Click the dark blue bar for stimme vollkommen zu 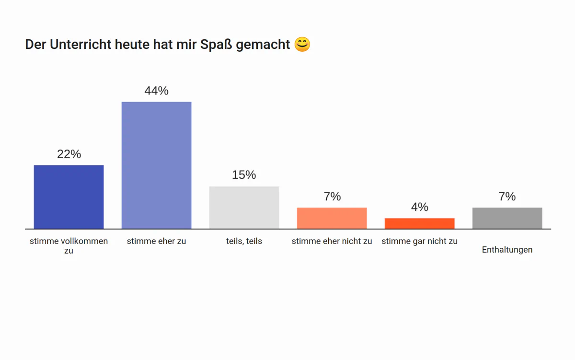69,197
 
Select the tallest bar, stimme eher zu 156,165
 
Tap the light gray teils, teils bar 244,208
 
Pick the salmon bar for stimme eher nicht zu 332,218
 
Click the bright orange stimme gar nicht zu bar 419,223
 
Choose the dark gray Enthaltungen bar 507,218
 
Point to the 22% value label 69,154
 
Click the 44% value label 156,91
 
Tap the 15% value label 244,175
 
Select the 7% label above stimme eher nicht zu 332,197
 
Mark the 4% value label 419,207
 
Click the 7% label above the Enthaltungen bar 507,197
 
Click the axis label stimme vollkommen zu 69,245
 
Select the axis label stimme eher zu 156,241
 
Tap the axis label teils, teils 244,241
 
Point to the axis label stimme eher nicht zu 332,241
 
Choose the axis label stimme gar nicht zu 419,241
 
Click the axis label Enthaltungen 507,250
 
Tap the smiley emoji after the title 302,44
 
